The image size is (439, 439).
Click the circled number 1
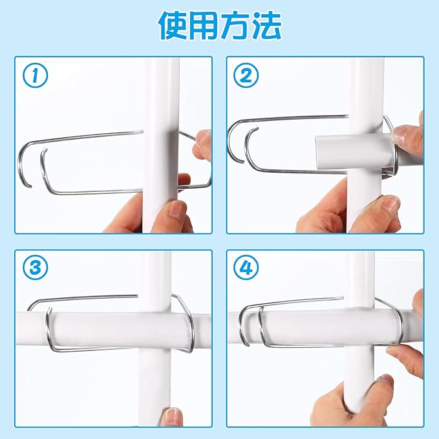point(36,75)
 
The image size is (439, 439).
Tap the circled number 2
point(246,75)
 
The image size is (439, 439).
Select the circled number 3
point(36,268)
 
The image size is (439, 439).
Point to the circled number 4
point(246,268)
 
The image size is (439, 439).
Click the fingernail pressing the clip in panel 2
point(400,135)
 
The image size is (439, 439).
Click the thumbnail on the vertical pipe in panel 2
point(390,203)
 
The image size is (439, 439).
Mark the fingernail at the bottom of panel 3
point(171,416)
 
